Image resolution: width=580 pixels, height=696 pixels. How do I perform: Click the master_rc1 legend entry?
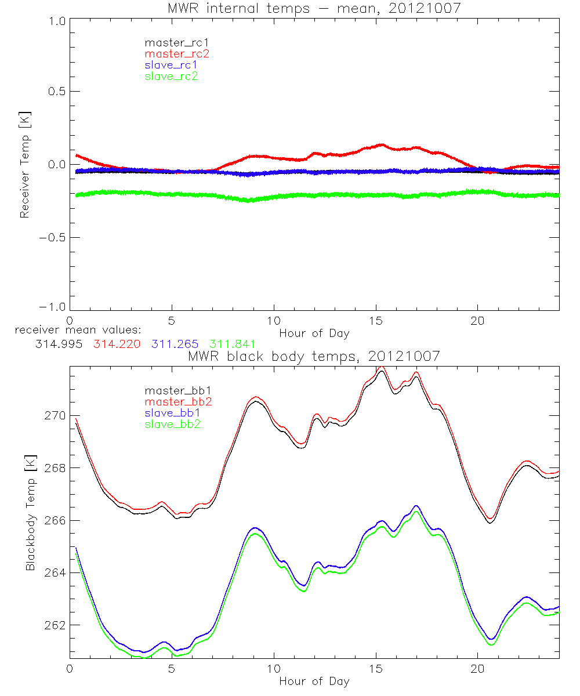171,42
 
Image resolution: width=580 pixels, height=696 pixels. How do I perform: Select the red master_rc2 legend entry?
176,53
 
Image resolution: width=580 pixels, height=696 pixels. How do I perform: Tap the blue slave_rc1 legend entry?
171,64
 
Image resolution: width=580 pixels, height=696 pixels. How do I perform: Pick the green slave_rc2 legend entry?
171,75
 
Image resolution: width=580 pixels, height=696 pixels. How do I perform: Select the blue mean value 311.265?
174,344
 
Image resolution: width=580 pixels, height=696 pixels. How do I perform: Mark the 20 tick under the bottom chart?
477,668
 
